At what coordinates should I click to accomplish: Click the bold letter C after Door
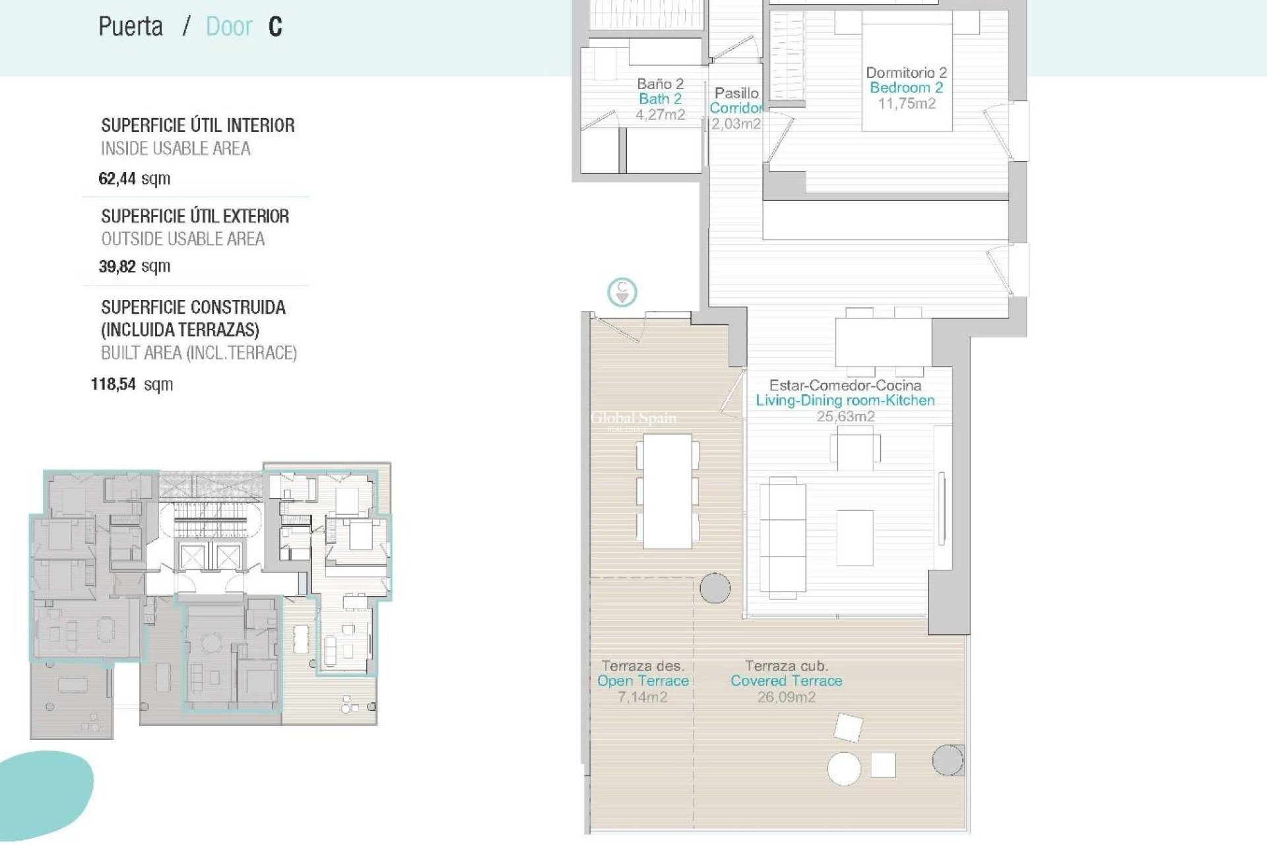tap(275, 27)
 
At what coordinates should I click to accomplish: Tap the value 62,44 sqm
tap(134, 179)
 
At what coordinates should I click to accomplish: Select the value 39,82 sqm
tap(134, 266)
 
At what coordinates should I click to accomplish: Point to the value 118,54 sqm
tap(131, 384)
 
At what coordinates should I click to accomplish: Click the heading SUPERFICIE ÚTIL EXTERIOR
tap(195, 216)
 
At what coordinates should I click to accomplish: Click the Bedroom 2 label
tap(906, 88)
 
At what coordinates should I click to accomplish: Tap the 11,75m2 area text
tap(906, 104)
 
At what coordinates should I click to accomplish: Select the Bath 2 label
tap(660, 99)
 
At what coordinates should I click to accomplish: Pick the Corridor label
tap(736, 108)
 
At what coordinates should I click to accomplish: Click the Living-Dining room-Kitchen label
tap(845, 400)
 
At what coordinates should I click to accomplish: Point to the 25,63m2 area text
tap(845, 417)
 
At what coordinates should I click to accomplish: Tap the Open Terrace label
tap(643, 681)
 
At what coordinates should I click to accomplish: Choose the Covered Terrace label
tap(786, 681)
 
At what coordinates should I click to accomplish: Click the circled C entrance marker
tap(622, 291)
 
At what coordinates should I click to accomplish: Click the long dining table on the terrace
tap(667, 491)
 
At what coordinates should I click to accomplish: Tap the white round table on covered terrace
tap(844, 768)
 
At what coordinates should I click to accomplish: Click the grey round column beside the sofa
tap(714, 588)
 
